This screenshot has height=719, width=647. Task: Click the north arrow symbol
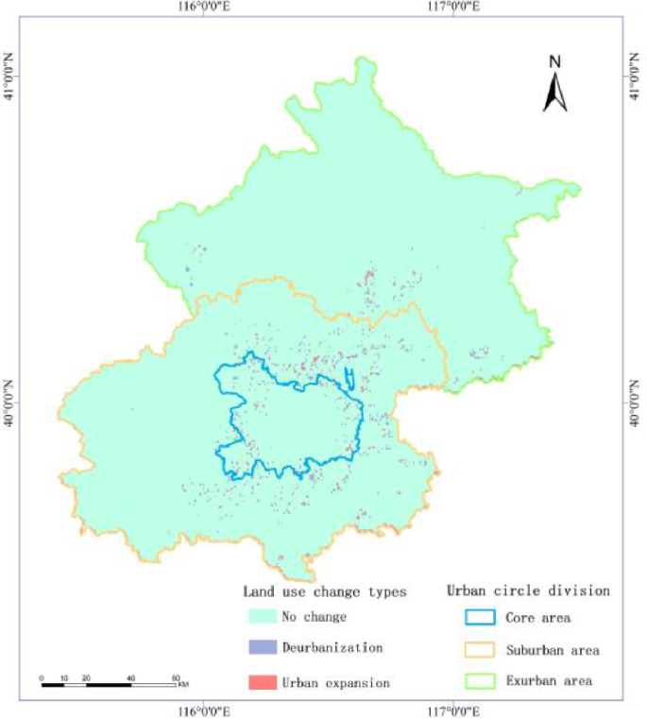555,92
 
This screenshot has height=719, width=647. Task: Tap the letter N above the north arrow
555,61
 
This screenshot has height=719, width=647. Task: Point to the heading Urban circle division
527,591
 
